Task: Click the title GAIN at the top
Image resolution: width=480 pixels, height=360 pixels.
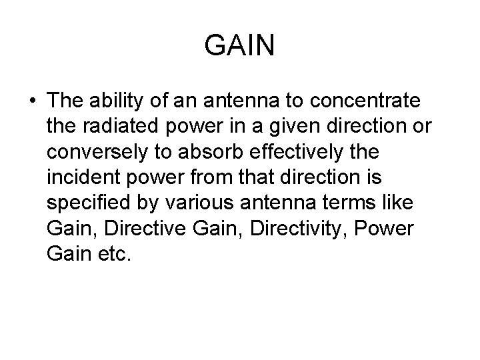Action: click(240, 47)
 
